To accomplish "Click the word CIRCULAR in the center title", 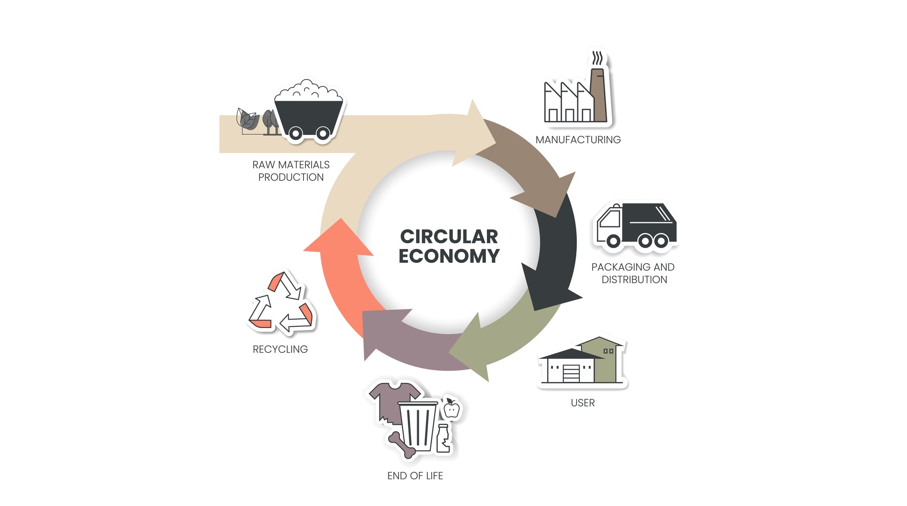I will tap(449, 237).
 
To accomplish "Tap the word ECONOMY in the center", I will tap(449, 256).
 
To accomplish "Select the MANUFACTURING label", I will tap(578, 140).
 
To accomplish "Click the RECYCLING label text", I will tap(280, 349).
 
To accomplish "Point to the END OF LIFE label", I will tap(415, 476).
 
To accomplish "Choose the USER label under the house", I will tap(583, 403).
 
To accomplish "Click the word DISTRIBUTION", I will tap(634, 280).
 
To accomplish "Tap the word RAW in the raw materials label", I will tap(263, 165).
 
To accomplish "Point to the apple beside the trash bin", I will tap(451, 409).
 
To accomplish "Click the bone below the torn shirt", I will tap(401, 444).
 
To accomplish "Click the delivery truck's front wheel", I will tap(613, 241).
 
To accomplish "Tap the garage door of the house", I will tap(571, 373).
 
